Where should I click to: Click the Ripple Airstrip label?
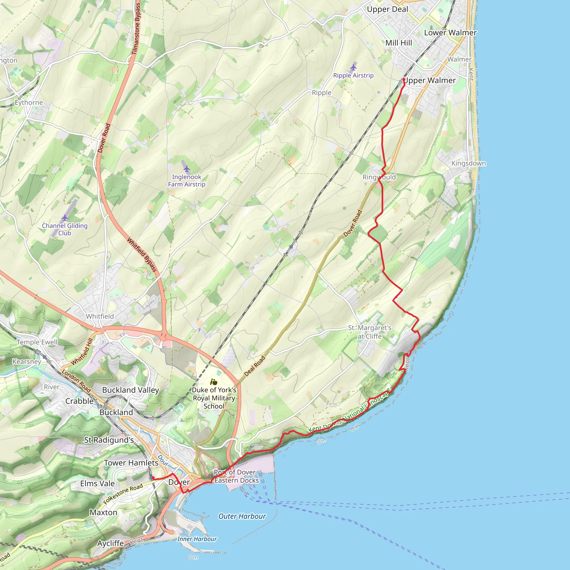tap(353, 75)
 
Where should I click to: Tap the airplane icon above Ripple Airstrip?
tap(353, 68)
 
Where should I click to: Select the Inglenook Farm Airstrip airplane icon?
tap(186, 169)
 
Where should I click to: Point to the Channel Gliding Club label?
tap(65, 229)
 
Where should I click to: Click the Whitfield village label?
tap(100, 316)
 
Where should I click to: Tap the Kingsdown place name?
tap(468, 163)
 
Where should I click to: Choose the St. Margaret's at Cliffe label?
tap(369, 332)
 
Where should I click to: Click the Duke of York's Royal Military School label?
tap(214, 398)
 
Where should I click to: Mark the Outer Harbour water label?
tap(242, 516)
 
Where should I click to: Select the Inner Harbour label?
tap(197, 539)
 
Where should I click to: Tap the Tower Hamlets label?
tap(131, 463)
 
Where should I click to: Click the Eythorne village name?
tap(29, 102)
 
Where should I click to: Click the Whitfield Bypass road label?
tap(142, 254)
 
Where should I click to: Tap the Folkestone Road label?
tap(123, 493)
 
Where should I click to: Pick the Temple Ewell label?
tap(37, 342)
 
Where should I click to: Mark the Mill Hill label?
tap(399, 43)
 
